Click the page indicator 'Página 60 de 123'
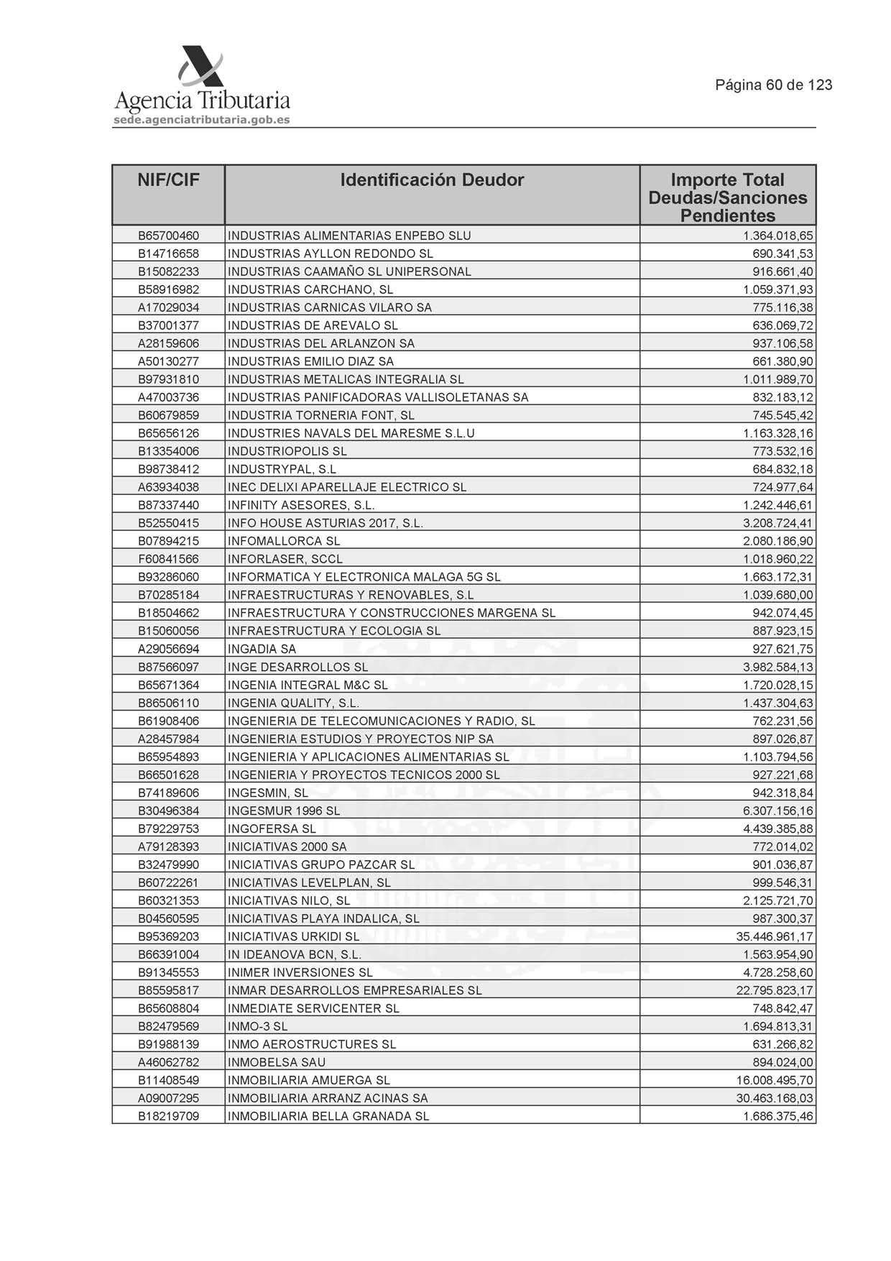coord(773,85)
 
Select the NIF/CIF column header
coord(168,180)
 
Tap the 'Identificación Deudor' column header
coord(432,180)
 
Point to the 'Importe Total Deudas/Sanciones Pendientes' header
coord(727,197)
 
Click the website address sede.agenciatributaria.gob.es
coord(202,120)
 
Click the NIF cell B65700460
coord(168,236)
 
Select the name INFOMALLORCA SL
coord(284,541)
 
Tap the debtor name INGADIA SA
coord(262,649)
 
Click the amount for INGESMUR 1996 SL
coord(778,810)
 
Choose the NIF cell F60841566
coord(168,559)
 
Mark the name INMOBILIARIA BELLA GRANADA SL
coord(328,1116)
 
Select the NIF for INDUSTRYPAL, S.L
coord(168,469)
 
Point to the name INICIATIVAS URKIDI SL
coord(293,936)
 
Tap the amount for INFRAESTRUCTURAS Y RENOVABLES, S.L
coord(778,595)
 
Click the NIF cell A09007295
coord(168,1098)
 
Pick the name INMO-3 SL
coord(257,1026)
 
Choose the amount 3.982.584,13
coord(778,667)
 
